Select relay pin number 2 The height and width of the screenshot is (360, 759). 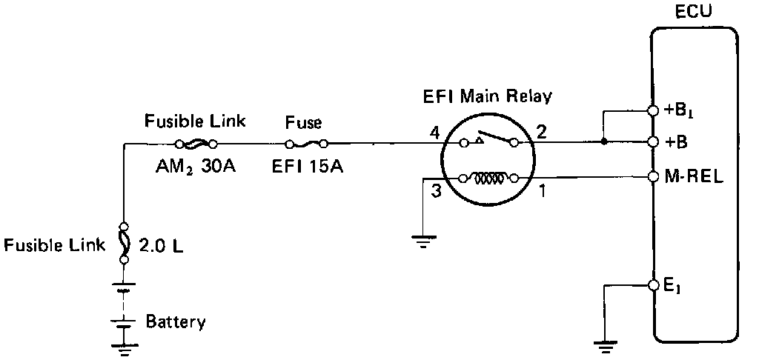pyautogui.click(x=541, y=133)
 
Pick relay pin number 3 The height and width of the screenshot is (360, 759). pyautogui.click(x=437, y=191)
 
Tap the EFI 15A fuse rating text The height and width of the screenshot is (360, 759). pyautogui.click(x=308, y=166)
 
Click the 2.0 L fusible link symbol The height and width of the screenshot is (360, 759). pyautogui.click(x=124, y=242)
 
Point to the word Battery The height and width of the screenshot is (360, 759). pyautogui.click(x=176, y=321)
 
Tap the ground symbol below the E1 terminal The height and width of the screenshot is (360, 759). pyautogui.click(x=605, y=341)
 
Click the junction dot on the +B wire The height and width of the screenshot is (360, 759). pyautogui.click(x=604, y=141)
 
